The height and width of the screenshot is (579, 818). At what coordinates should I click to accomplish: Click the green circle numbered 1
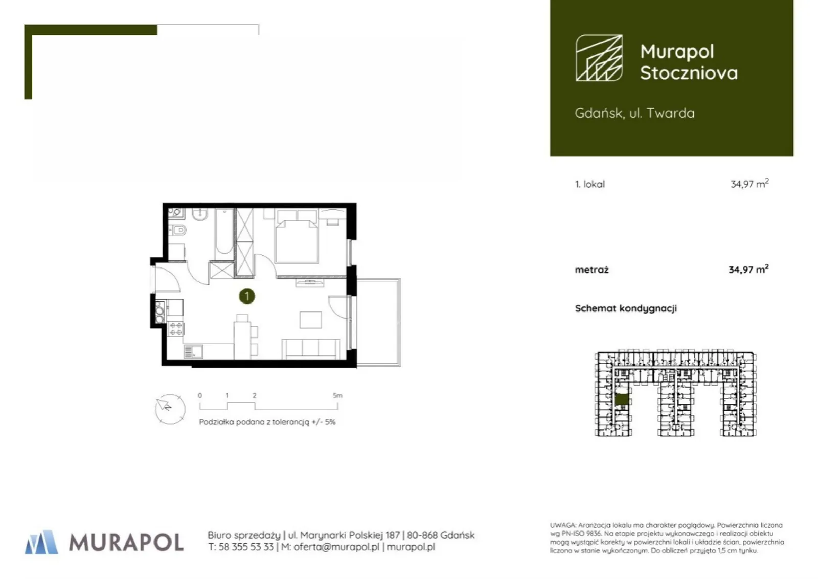pos(247,296)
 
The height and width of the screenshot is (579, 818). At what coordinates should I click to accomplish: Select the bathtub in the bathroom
pos(224,232)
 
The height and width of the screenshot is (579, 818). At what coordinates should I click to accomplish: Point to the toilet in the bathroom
pos(178,230)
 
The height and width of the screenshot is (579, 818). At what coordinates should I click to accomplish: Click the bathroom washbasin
pos(200,214)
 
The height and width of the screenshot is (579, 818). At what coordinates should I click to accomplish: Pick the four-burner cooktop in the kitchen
pos(176,328)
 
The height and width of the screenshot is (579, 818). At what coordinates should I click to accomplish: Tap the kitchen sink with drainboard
pos(193,352)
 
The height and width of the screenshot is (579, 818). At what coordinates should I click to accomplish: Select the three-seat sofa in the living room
pos(311,349)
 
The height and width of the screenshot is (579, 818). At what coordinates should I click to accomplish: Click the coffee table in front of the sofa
pos(311,320)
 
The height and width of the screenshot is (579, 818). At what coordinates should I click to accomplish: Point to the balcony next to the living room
pos(379,322)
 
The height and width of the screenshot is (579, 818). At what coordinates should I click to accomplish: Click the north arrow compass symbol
pos(170,409)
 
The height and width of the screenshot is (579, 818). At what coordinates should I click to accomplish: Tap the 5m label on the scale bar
pos(338,395)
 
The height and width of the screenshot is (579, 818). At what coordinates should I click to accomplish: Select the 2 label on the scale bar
pos(255,395)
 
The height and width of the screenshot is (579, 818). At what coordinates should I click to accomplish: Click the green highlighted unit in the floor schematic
pos(622,399)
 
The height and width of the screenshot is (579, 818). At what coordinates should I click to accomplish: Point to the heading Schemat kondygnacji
pos(626,308)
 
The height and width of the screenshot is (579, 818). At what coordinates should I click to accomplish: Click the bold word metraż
pos(592,270)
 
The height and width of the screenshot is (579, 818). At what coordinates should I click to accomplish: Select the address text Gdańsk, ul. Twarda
pos(634,113)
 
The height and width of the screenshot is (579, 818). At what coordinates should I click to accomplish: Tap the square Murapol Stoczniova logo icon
pos(599,58)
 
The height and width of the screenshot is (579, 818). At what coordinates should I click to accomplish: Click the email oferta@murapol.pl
pos(336,547)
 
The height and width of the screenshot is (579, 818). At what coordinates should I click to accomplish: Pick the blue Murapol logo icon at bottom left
pos(41,542)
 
